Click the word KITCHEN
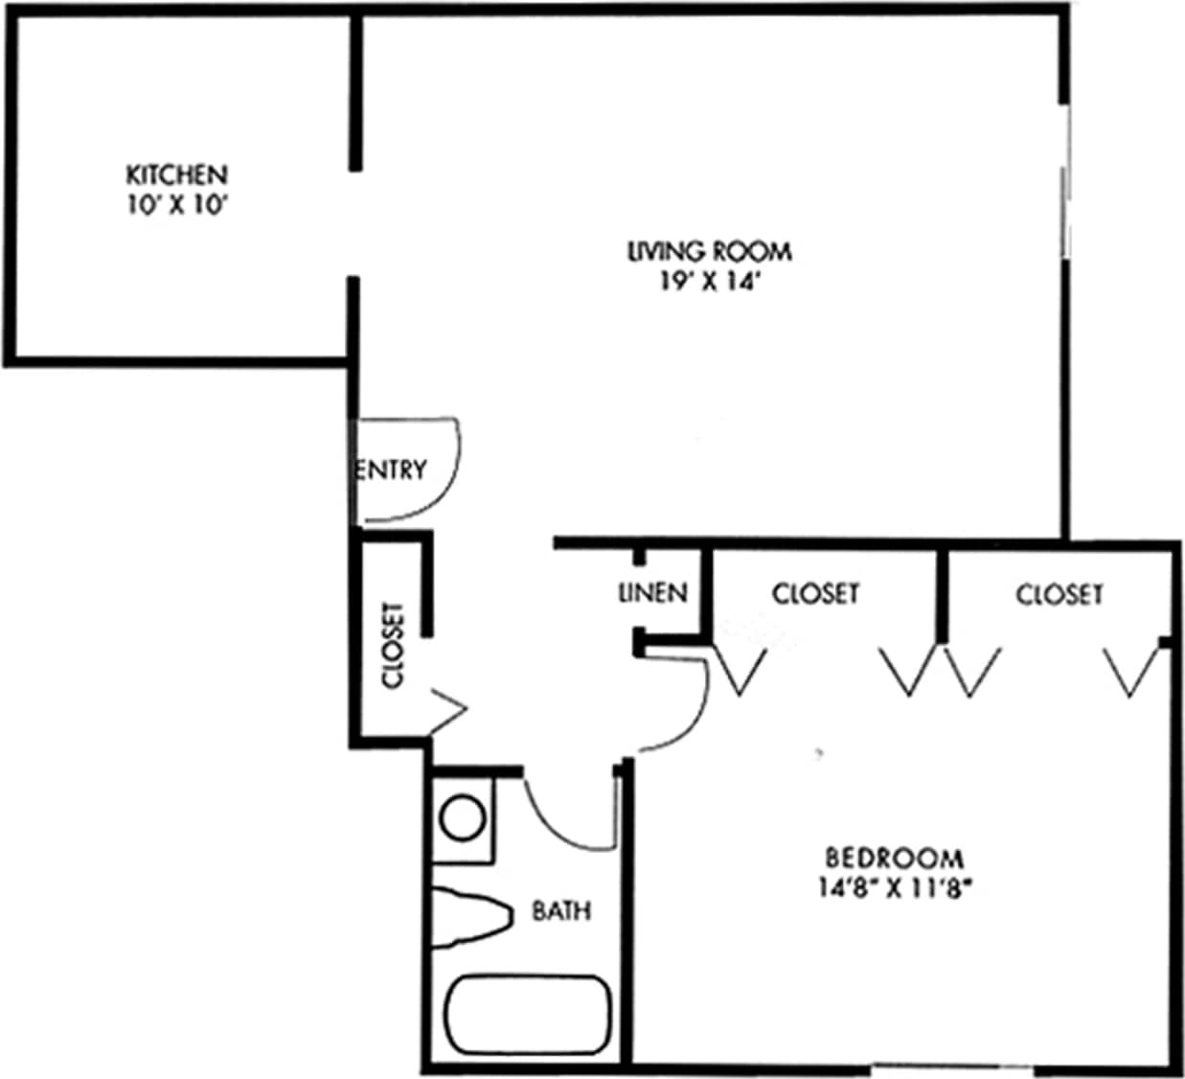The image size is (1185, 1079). [177, 175]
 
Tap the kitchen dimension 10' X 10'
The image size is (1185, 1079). [177, 205]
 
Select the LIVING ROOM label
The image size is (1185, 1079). [710, 252]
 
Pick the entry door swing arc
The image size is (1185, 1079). [450, 479]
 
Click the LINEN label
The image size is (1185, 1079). [653, 593]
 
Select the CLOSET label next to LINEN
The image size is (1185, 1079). [815, 594]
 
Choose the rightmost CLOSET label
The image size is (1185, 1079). [1060, 595]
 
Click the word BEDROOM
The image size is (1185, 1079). [895, 857]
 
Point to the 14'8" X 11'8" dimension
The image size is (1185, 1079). [895, 887]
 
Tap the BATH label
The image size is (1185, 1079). [561, 910]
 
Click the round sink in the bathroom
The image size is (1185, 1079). [462, 818]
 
